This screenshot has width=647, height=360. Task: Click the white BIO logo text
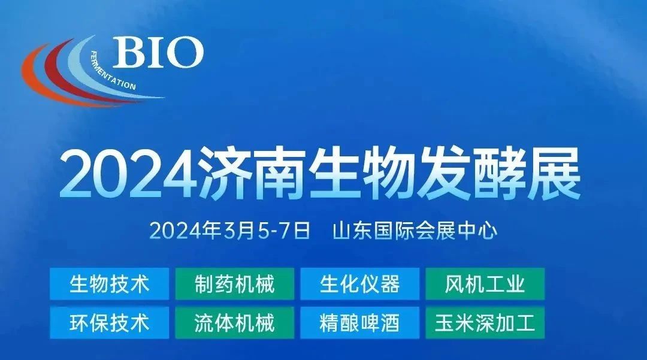[158, 52]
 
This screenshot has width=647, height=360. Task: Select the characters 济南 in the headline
[252, 175]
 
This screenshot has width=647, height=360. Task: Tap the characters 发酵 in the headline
[471, 175]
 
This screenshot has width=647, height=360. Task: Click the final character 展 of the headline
[554, 175]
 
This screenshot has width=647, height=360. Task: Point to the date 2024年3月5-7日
[229, 231]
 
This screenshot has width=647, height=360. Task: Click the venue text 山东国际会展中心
[415, 231]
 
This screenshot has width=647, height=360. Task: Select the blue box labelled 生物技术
[110, 284]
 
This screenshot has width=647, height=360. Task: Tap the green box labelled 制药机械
[234, 284]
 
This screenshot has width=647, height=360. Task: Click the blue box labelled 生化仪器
[360, 284]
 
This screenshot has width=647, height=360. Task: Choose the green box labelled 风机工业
[485, 284]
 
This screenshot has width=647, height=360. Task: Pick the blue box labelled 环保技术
[110, 322]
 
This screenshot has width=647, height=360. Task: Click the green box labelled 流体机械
[234, 322]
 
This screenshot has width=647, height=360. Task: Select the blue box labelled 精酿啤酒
[360, 322]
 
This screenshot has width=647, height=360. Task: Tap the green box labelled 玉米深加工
[485, 322]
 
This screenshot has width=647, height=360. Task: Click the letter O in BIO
[185, 52]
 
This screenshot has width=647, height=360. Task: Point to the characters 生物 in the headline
[362, 175]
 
